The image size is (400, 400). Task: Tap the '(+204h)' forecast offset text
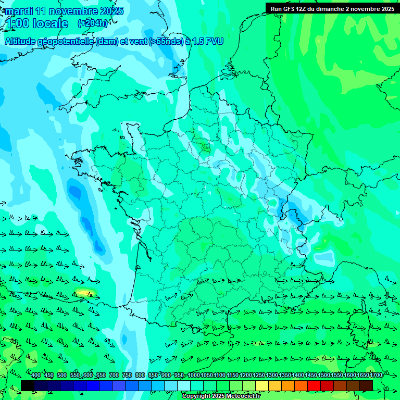click(x=92, y=23)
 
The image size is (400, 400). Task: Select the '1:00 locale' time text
click(x=37, y=23)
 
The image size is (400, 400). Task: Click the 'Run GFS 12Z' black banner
click(x=332, y=9)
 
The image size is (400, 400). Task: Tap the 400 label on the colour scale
click(x=36, y=376)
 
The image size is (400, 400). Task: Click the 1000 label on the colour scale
click(x=193, y=376)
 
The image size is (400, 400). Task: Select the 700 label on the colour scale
click(x=114, y=376)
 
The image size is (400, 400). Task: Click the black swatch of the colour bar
click(x=28, y=385)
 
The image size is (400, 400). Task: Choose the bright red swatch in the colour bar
click(x=314, y=385)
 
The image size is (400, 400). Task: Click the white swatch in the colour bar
click(x=184, y=385)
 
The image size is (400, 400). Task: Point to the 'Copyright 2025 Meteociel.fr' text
click(x=221, y=396)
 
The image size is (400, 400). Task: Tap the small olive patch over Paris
click(x=205, y=148)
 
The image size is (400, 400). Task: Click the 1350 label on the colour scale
click(x=284, y=376)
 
